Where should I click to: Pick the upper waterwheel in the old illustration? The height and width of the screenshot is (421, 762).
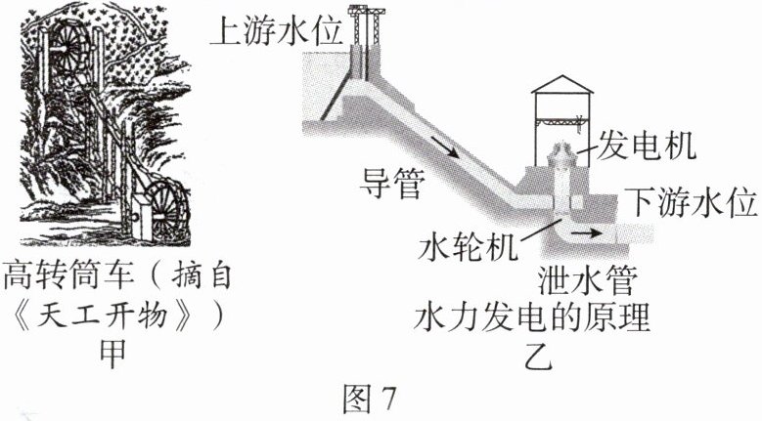69,44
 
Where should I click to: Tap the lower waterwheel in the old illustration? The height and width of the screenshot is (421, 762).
160,211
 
